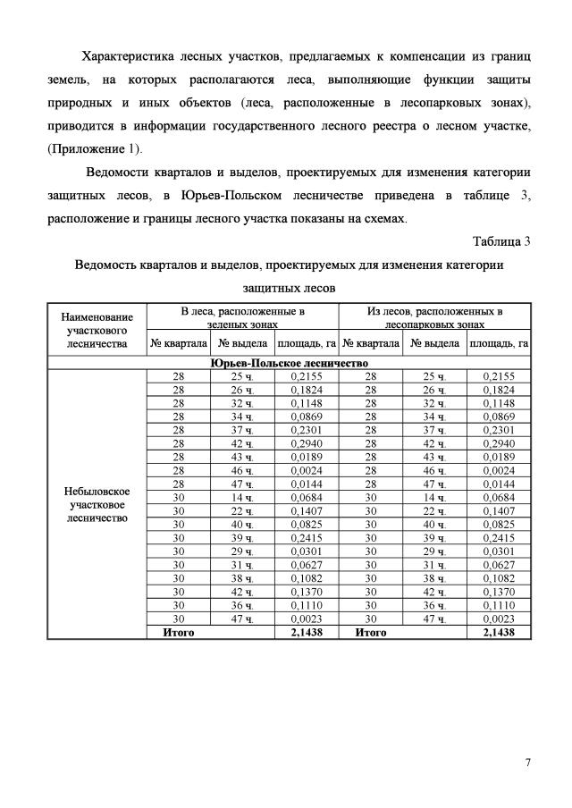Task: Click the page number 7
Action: click(528, 762)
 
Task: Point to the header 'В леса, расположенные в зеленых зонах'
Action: click(242, 318)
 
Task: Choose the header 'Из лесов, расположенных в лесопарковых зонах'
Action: click(434, 318)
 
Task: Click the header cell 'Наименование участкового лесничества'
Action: click(97, 329)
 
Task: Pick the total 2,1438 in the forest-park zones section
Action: click(499, 632)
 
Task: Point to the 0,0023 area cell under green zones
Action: click(306, 619)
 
